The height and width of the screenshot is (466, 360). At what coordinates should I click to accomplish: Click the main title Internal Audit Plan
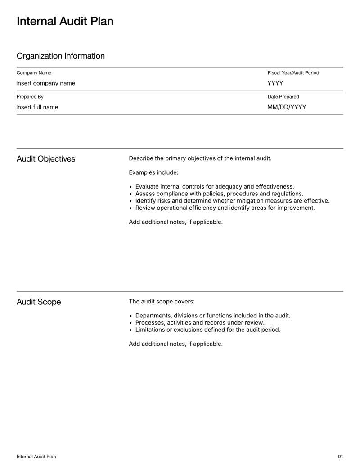(x=65, y=21)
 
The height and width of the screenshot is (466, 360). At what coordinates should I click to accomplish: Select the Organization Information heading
(x=60, y=56)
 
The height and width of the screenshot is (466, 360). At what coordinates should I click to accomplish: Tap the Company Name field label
(x=34, y=73)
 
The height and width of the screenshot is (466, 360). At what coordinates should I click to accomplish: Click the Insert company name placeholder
(x=45, y=83)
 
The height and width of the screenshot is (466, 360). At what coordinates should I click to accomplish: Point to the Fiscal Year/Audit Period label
(x=293, y=73)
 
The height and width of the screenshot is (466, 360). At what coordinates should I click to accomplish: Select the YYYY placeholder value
(x=275, y=83)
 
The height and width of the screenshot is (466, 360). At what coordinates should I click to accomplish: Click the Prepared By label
(x=30, y=97)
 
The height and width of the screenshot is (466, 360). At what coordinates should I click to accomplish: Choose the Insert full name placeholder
(x=37, y=107)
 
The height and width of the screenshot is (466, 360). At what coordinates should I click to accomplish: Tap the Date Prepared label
(x=283, y=97)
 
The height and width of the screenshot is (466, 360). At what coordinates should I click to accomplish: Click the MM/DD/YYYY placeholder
(x=287, y=107)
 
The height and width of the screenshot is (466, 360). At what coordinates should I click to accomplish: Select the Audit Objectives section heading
(x=46, y=159)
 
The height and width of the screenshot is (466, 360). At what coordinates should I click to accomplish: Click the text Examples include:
(x=153, y=172)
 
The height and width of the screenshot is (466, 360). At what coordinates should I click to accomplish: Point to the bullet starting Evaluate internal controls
(x=214, y=186)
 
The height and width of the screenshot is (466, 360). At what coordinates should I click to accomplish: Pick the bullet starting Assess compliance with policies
(x=219, y=194)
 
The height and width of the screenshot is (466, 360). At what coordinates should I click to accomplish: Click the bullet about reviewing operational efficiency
(x=225, y=208)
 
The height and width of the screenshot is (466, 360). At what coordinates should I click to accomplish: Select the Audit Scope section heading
(x=39, y=302)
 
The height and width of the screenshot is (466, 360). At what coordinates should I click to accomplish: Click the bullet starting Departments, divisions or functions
(x=212, y=316)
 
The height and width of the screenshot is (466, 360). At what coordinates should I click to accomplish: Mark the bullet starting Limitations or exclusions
(x=207, y=330)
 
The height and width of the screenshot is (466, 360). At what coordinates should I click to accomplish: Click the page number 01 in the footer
(x=340, y=457)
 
